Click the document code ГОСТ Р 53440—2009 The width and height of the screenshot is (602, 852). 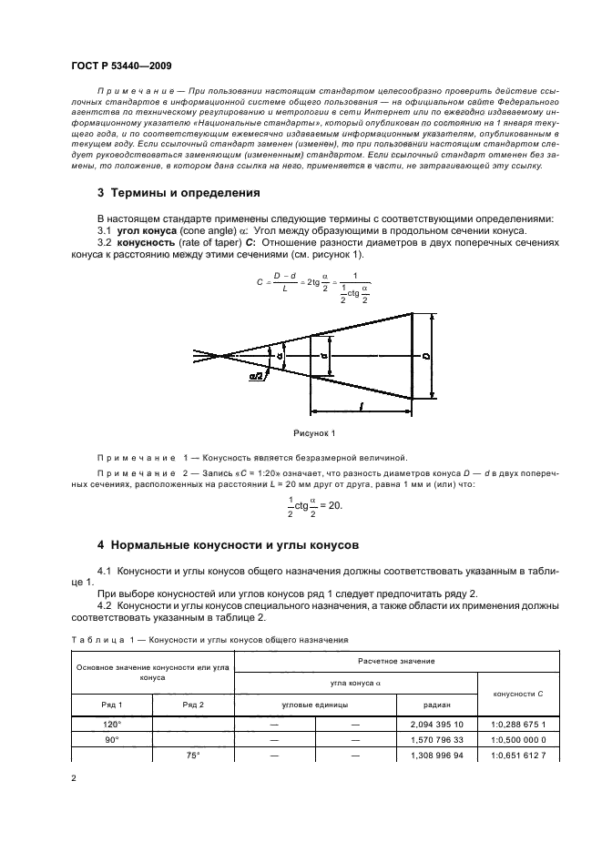pos(120,67)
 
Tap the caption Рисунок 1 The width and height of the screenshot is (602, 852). pos(314,432)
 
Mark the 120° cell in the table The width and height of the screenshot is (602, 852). pos(110,724)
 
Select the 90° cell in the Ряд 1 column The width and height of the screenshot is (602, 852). pos(110,739)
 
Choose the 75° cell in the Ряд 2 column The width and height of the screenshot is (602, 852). pos(192,756)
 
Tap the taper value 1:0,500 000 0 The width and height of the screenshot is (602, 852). pos(516,739)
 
